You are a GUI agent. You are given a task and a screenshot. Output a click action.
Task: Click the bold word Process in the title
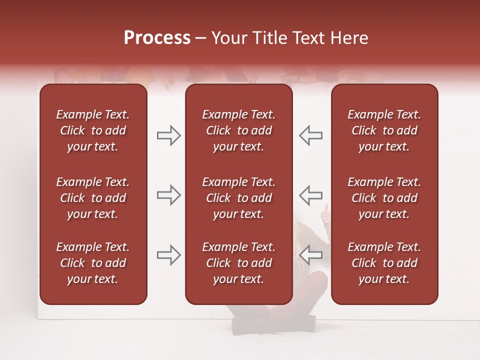157,38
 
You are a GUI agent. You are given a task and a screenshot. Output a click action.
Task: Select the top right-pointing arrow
168,135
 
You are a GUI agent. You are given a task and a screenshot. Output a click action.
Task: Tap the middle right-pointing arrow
168,195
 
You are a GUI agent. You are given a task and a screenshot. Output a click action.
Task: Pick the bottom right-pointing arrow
168,255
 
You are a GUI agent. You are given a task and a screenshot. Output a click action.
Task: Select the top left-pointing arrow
311,135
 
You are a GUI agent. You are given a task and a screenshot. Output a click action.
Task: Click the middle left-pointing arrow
311,195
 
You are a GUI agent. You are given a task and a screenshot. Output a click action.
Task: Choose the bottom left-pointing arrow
311,255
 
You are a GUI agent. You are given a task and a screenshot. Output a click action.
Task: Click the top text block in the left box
93,130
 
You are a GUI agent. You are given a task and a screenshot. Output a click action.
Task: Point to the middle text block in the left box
93,198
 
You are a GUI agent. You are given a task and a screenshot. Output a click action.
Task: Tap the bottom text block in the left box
93,263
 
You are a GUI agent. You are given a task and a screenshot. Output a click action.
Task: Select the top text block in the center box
238,130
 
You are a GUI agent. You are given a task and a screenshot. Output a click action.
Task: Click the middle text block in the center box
238,198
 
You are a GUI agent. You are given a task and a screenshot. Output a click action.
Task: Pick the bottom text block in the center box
238,263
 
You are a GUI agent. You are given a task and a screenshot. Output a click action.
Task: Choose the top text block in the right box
384,130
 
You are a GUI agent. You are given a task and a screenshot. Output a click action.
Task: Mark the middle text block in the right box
384,198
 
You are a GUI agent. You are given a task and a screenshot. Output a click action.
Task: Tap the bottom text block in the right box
384,263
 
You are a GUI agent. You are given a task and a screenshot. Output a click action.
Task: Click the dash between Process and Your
201,39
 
